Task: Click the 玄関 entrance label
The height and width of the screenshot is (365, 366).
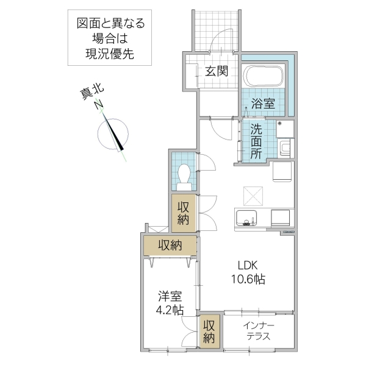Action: pos(216,71)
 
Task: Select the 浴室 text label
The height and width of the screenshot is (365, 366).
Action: pos(263,104)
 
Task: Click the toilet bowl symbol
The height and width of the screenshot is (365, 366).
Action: pos(184,176)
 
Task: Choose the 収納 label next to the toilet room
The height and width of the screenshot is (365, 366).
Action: pos(184,213)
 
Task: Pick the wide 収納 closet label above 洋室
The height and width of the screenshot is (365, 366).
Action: pos(170,246)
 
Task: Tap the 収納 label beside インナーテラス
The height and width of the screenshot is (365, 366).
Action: pos(209,331)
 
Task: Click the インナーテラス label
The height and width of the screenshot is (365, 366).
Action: pos(259,331)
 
